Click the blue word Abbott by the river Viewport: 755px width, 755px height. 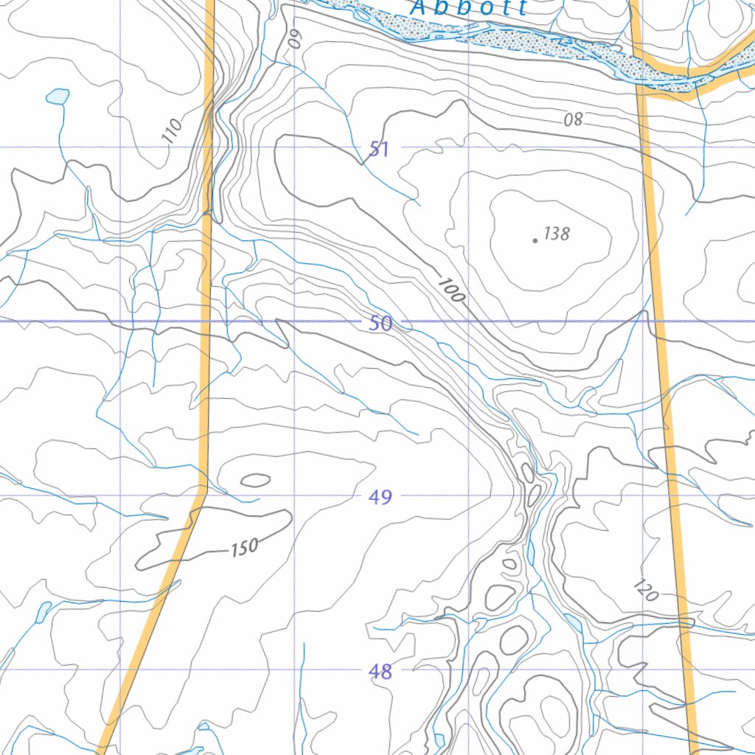[x=469, y=8]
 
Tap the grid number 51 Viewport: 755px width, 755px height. [x=379, y=150]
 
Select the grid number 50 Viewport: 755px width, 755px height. [x=380, y=323]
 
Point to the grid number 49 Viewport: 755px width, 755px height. [x=380, y=498]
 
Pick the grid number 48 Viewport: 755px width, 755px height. [x=380, y=672]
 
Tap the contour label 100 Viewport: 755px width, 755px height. [x=451, y=290]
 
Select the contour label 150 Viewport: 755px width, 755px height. [x=244, y=547]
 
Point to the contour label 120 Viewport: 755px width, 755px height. [x=645, y=591]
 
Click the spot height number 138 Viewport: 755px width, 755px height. [x=557, y=234]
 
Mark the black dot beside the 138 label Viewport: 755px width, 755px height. [x=535, y=240]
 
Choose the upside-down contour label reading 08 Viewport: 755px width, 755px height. [x=574, y=119]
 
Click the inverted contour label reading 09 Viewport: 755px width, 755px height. [x=296, y=38]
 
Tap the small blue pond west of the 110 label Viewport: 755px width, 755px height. [x=58, y=96]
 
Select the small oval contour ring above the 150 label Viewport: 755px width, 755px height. [x=255, y=481]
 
